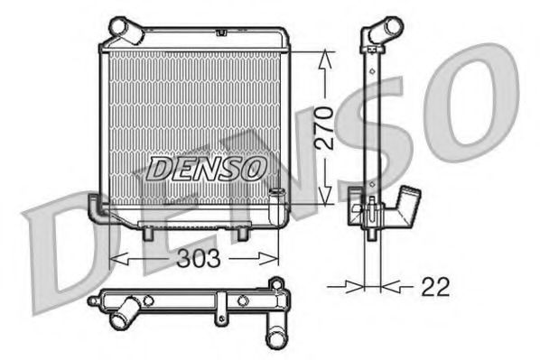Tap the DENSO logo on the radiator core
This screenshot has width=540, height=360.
pos(206,168)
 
